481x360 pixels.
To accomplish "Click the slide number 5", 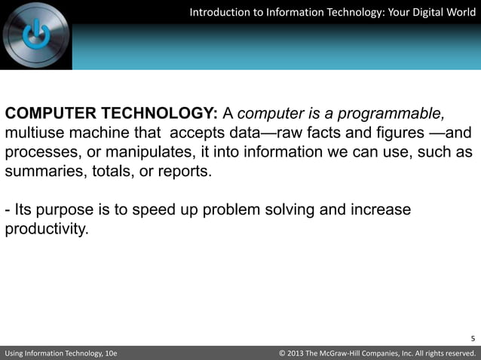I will point(473,338).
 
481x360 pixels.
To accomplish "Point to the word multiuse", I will point(33,133).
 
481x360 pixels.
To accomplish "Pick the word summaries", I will point(41,172).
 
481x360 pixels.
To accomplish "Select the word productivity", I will point(46,228).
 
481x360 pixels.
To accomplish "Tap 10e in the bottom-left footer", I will point(107,353).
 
